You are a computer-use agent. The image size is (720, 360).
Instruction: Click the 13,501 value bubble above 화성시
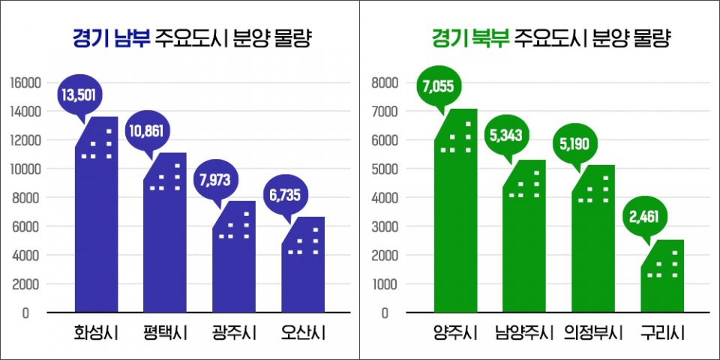pos(79,94)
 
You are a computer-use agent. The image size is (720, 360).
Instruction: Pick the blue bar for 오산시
pos(303,270)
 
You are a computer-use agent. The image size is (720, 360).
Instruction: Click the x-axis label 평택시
pos(165,331)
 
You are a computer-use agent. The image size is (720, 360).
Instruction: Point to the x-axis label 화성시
pos(96,331)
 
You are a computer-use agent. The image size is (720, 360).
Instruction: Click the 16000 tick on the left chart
pos(25,82)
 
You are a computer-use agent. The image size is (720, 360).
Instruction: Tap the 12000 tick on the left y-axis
pos(25,140)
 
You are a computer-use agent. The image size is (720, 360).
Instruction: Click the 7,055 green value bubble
pos(438,88)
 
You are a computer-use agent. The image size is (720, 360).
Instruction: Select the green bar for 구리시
pos(662,281)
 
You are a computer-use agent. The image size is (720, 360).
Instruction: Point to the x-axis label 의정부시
pos(592,331)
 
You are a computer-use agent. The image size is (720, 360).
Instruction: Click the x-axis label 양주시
pos(455,331)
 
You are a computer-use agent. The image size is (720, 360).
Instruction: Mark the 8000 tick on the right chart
pos(385,82)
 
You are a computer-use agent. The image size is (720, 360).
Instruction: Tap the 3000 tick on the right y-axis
pos(385,226)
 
